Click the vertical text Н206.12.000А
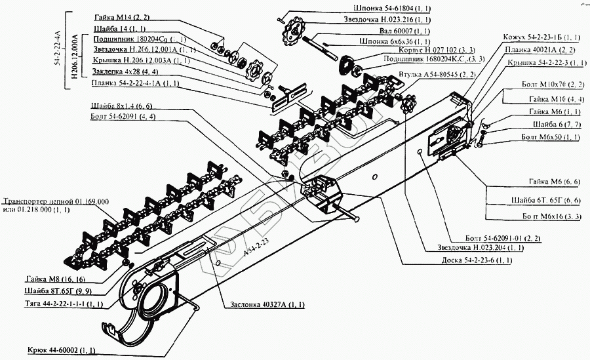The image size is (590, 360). pos(73,51)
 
